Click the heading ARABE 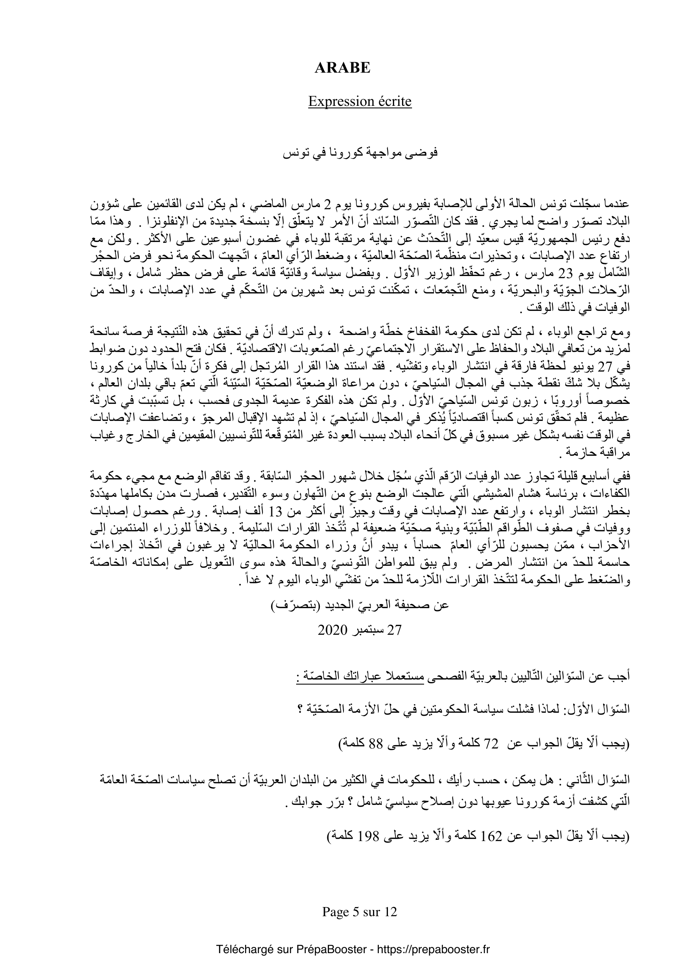[x=343, y=68]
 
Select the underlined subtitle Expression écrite [x=360, y=101]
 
